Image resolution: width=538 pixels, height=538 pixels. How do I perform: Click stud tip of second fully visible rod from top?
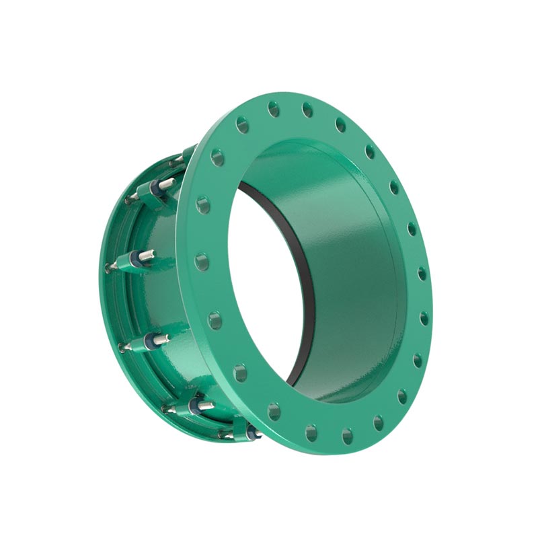tap(151, 254)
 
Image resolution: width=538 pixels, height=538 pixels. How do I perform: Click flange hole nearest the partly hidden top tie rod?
tap(217, 158)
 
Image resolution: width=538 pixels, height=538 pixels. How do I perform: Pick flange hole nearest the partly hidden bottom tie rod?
tap(274, 411)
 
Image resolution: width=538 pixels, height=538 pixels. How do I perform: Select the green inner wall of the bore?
tap(350, 269)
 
